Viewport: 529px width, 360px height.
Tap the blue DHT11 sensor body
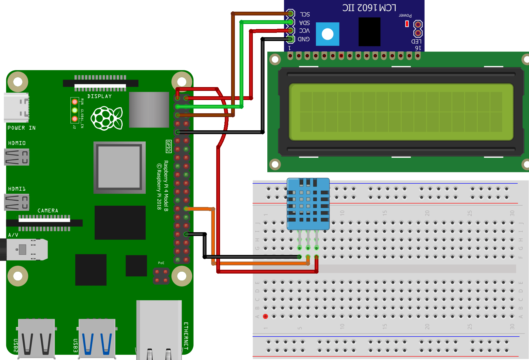(308, 204)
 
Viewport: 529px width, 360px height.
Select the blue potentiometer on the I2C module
(328, 34)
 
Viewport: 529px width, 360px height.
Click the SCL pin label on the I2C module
(305, 15)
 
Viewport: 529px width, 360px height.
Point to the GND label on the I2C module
(304, 39)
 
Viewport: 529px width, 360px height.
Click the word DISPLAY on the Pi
(100, 96)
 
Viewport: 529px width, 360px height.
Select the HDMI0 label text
(17, 143)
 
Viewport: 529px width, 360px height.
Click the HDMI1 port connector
(17, 202)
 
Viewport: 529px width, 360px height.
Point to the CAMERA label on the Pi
(48, 210)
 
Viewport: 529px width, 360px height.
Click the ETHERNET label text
(186, 336)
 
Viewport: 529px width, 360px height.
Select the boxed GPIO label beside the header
(169, 146)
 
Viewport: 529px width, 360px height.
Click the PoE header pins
(161, 276)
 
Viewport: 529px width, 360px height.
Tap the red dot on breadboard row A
(265, 316)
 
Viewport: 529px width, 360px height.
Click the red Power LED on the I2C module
(407, 24)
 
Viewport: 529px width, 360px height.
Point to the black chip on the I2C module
(369, 32)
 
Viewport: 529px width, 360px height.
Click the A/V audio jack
(25, 250)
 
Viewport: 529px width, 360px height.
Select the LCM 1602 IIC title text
(369, 8)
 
